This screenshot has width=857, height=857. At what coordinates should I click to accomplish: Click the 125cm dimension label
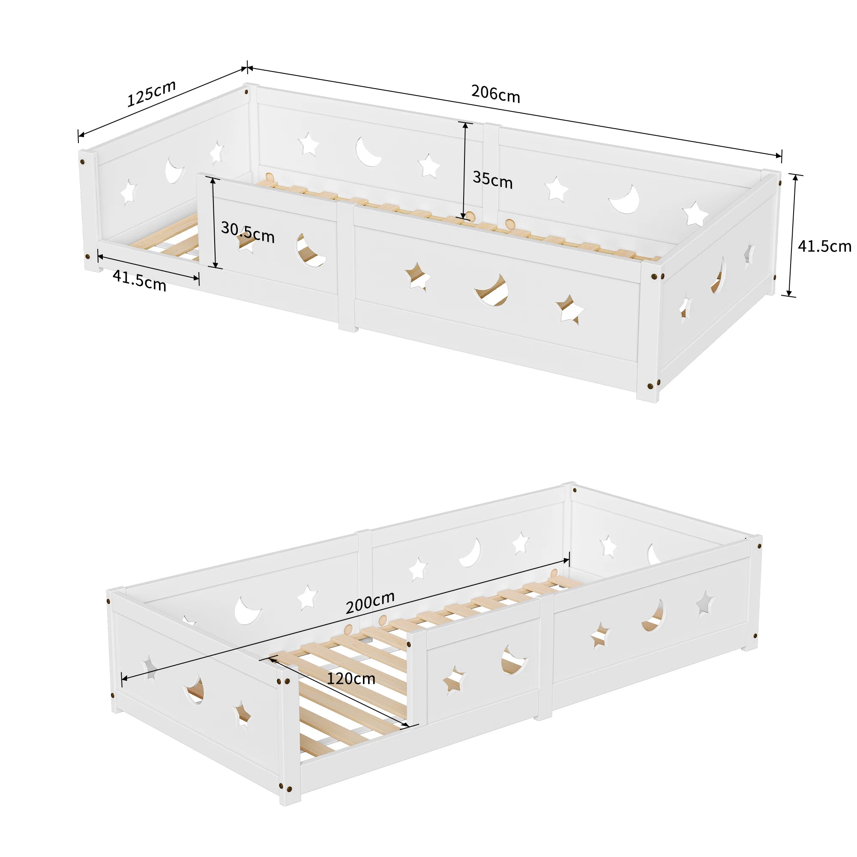click(152, 93)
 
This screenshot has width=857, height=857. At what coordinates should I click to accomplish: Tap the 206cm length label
click(495, 93)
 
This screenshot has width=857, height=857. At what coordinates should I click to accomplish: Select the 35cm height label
click(492, 180)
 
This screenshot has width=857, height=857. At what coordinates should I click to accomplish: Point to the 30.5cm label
click(248, 232)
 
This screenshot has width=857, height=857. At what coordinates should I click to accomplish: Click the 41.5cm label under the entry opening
click(139, 280)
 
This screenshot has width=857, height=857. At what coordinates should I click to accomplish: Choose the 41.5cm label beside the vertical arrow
click(824, 246)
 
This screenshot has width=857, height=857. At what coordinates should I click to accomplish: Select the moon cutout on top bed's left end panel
click(174, 171)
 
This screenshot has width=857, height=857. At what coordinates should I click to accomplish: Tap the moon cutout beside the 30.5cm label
click(310, 251)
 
